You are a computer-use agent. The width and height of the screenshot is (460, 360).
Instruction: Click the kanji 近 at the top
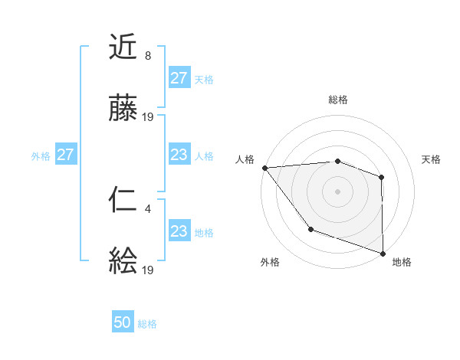pyautogui.click(x=123, y=48)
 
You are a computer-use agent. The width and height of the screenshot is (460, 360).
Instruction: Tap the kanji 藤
pyautogui.click(x=123, y=110)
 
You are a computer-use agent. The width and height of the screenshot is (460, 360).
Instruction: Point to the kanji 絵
pyautogui.click(x=123, y=262)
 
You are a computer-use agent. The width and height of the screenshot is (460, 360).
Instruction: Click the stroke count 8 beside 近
pyautogui.click(x=148, y=56)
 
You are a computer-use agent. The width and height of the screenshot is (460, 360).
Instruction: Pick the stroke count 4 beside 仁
pyautogui.click(x=148, y=208)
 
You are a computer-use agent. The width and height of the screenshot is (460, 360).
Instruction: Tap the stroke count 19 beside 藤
pyautogui.click(x=148, y=117)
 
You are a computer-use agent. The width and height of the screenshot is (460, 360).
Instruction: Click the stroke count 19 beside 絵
pyautogui.click(x=148, y=270)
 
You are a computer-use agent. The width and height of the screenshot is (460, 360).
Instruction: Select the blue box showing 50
pyautogui.click(x=123, y=322)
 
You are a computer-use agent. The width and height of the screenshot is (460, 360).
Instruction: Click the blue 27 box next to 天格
pyautogui.click(x=179, y=78)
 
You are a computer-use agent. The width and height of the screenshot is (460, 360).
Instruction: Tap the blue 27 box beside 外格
pyautogui.click(x=65, y=155)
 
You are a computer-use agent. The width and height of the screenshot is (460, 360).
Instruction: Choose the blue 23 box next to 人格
pyautogui.click(x=179, y=155)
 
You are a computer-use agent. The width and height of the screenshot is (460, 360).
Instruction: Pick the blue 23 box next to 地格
pyautogui.click(x=179, y=231)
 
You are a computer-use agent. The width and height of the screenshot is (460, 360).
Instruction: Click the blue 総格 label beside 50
pyautogui.click(x=147, y=324)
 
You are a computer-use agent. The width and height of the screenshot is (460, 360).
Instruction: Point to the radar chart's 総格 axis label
pyautogui.click(x=338, y=100)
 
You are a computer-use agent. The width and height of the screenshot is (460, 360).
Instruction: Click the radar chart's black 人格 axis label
pyautogui.click(x=245, y=159)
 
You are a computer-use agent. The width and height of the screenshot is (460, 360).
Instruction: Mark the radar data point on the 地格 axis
pyautogui.click(x=383, y=253)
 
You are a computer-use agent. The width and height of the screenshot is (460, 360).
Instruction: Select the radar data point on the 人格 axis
pyautogui.click(x=264, y=168)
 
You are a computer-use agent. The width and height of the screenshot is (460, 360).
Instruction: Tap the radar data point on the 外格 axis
pyautogui.click(x=310, y=229)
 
